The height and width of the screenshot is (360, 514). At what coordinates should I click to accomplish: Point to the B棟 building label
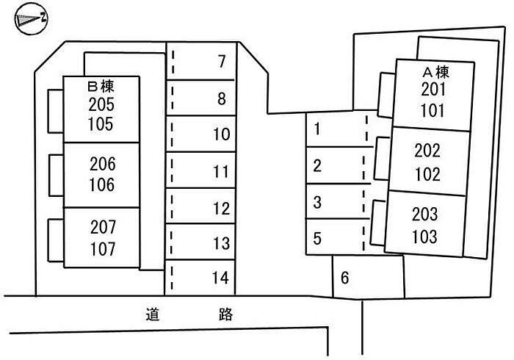pos(101,87)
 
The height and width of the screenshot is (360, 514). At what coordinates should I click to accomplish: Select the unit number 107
pos(102,248)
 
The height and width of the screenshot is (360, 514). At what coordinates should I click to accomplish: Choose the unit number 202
pos(427,151)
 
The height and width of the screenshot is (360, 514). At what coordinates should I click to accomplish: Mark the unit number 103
pos(425,237)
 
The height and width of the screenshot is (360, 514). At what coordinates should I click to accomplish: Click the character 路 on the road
pos(226,315)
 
